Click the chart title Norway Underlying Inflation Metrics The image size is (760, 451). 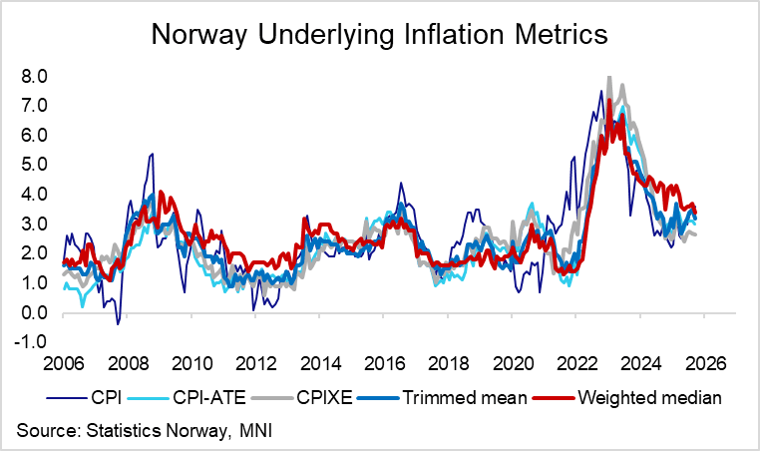point(379,37)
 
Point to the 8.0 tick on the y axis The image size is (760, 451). point(34,76)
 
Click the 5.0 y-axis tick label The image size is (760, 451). point(34,165)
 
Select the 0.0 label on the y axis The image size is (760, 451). point(34,313)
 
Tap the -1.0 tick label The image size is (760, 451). point(32,342)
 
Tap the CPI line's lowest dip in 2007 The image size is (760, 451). point(118,323)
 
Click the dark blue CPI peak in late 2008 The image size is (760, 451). point(152,154)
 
